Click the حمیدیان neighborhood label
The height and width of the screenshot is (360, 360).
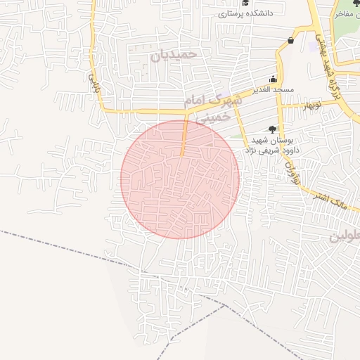[176, 54]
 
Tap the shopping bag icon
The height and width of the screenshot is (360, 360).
[290, 41]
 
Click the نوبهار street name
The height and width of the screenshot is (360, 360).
[311, 105]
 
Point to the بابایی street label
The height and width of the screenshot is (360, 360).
[91, 84]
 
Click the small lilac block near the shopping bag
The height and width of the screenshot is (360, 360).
[313, 47]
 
